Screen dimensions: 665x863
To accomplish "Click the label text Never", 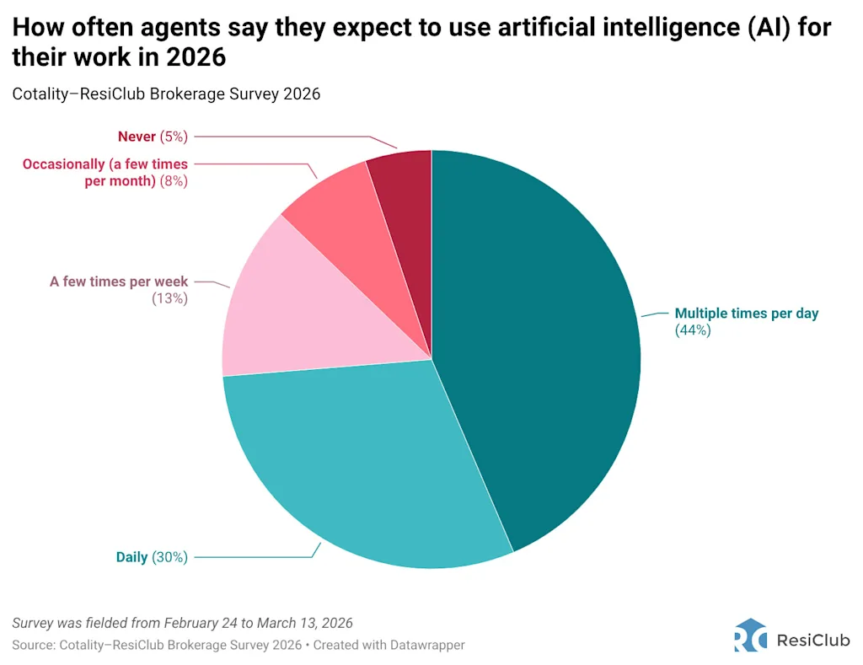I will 137,137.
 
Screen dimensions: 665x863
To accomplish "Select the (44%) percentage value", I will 693,330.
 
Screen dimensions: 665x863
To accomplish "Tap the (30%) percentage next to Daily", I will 170,556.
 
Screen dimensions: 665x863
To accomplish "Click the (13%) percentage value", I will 169,298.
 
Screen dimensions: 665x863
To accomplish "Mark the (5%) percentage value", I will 174,137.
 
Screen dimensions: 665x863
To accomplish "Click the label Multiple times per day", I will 747,314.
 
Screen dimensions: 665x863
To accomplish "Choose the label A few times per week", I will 119,282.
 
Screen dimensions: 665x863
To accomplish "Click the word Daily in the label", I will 131,556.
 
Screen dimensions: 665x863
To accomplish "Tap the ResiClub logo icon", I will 750,636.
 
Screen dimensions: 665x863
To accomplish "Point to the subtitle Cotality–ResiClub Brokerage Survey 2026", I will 166,94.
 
